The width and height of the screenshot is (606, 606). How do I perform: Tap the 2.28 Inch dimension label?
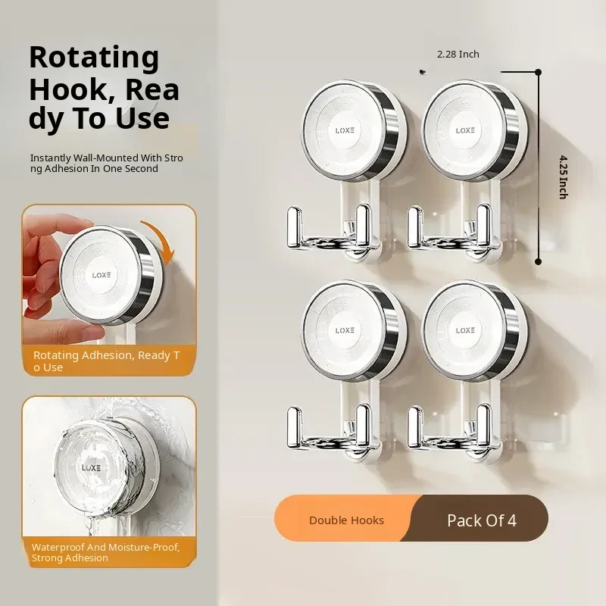pos(458,54)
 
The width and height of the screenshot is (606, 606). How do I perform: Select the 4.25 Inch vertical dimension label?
pos(564,177)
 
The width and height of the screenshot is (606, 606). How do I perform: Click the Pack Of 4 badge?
pos(482,520)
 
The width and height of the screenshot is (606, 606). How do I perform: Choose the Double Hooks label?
pos(346,520)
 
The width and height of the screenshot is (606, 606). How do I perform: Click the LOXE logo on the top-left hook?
pos(345,130)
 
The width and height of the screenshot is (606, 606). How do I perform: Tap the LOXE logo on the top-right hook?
pos(465,130)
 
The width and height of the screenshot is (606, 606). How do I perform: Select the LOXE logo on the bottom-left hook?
pos(345,330)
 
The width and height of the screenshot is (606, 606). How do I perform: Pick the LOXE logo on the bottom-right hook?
pos(465,330)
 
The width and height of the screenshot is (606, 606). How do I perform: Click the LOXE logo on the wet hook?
pos(91,468)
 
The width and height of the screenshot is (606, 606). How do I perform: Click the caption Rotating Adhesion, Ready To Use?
pos(106,361)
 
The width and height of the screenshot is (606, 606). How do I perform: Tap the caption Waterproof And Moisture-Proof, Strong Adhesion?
pos(105,553)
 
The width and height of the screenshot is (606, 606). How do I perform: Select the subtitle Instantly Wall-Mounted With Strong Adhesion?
pos(107,163)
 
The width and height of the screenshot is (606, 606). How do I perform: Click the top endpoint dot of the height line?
pos(538,72)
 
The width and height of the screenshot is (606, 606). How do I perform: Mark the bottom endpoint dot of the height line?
pos(538,261)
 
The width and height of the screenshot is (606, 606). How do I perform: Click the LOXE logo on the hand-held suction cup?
pos(102,275)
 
